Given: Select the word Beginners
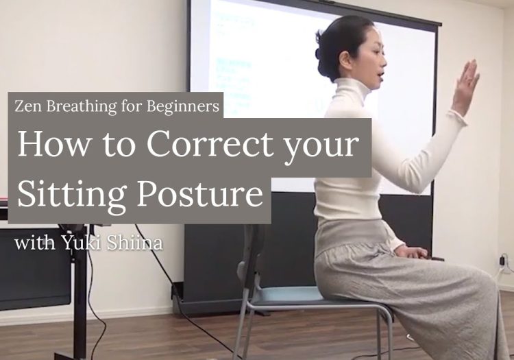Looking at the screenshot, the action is point(182,107).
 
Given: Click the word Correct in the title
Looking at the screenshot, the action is point(210,144).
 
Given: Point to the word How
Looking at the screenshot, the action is point(53,145).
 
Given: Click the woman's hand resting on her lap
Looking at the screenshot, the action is point(414,253).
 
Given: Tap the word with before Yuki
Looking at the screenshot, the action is point(35,243).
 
